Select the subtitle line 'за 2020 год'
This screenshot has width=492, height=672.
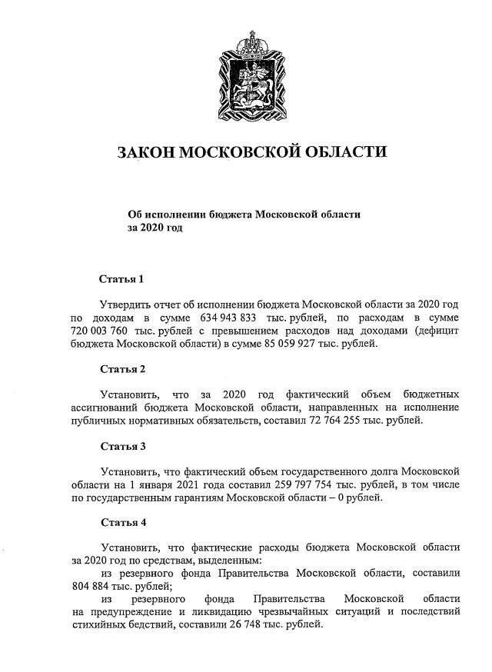(x=155, y=228)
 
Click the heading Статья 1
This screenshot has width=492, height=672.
(x=122, y=278)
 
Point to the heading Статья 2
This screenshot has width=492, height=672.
(x=122, y=368)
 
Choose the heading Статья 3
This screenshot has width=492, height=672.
(x=122, y=445)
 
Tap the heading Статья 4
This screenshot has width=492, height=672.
(x=122, y=522)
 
